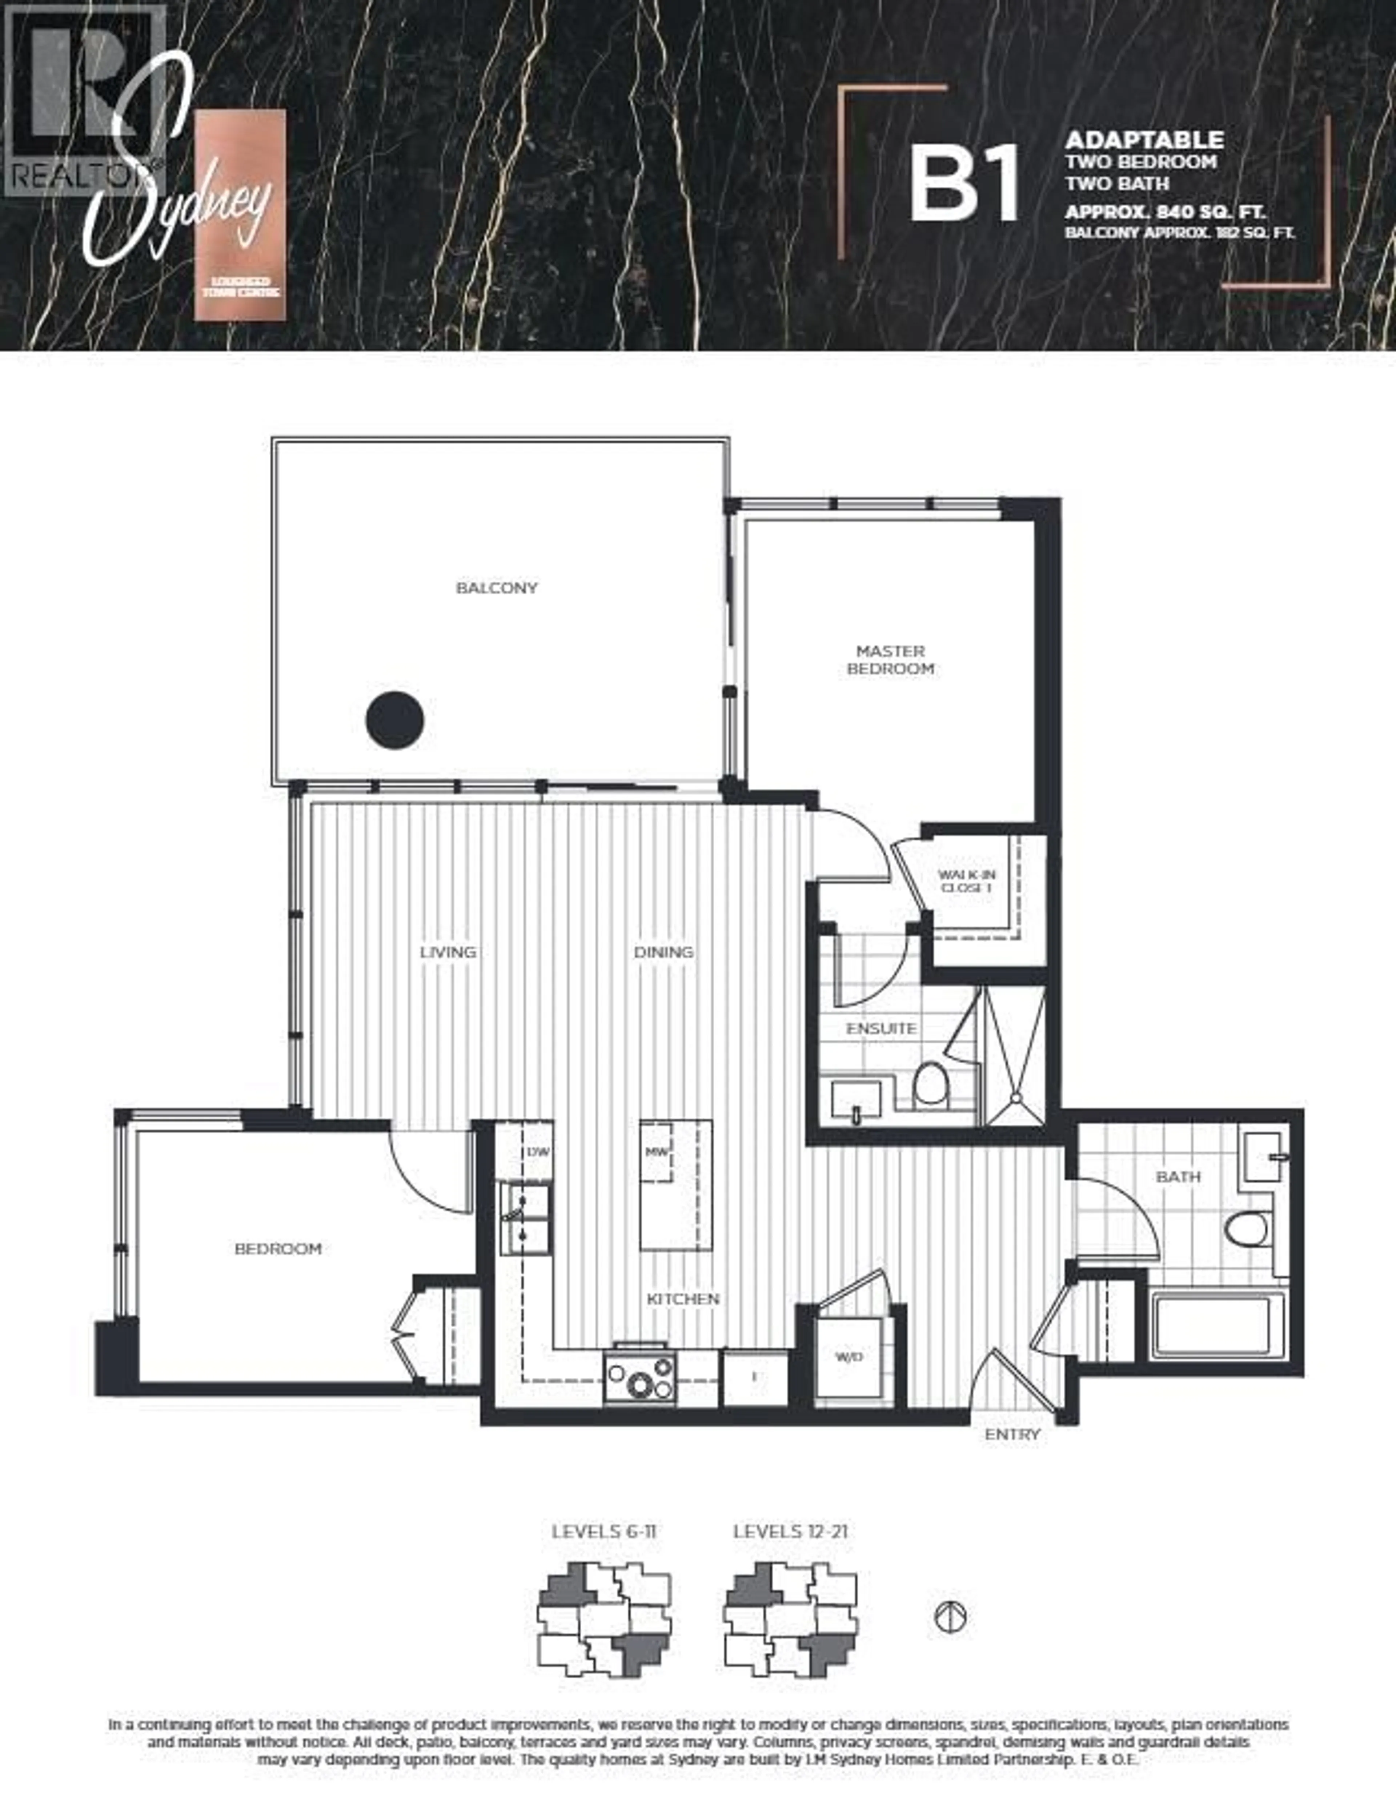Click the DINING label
click(663, 952)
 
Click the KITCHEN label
click(683, 1299)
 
